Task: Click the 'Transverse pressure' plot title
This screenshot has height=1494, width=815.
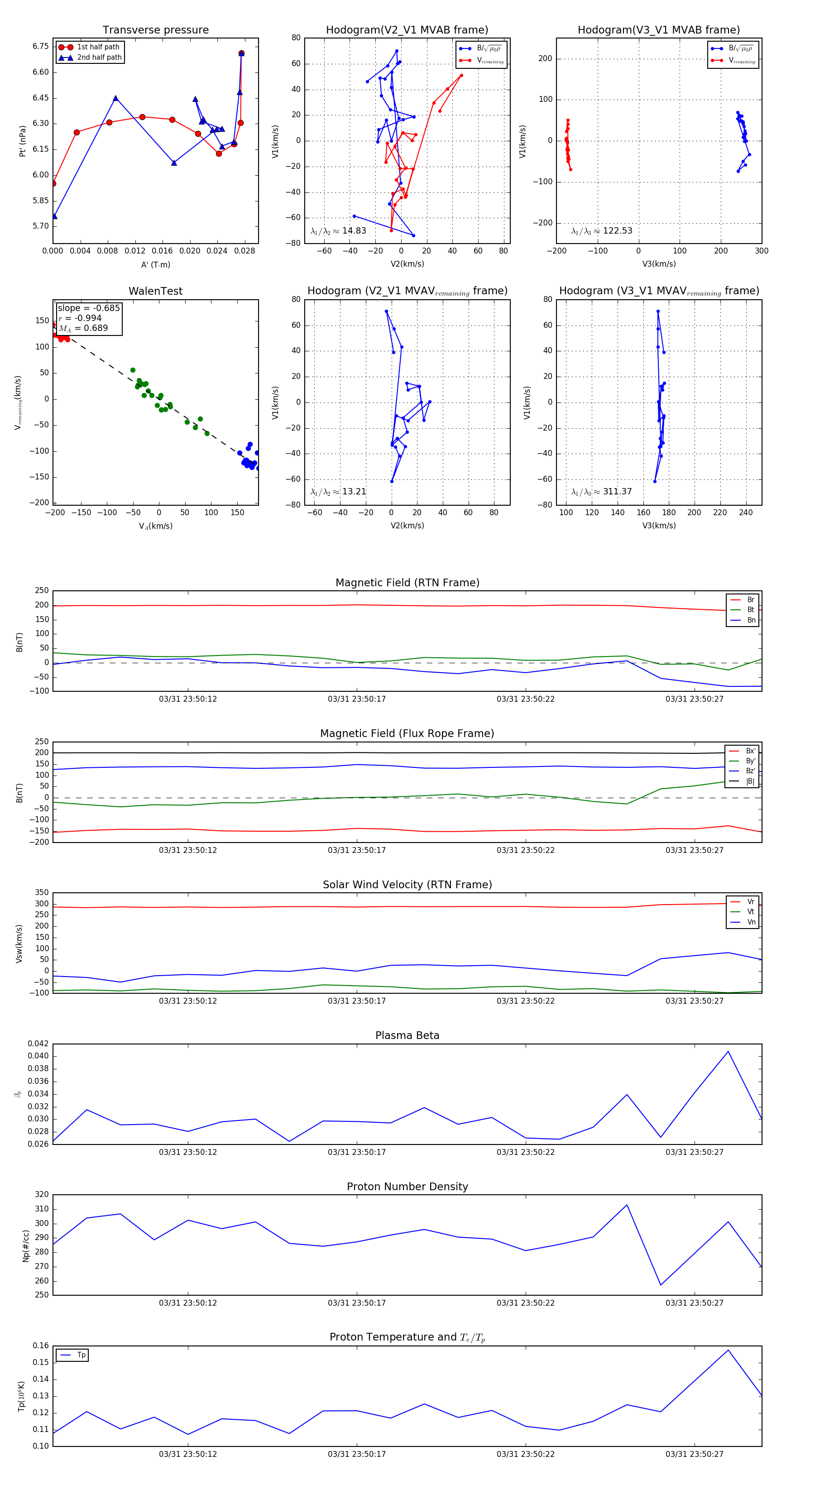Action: tap(155, 30)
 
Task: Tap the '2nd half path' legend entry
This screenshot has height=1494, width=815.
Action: tap(99, 57)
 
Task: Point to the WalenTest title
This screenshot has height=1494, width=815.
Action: tap(155, 291)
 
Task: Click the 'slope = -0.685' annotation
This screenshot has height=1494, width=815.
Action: tap(89, 308)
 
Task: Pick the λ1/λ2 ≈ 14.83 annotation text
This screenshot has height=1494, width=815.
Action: tap(338, 231)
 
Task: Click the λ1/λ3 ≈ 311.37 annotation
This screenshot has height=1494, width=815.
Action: tap(602, 492)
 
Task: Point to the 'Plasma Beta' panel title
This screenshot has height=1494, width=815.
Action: tap(407, 1036)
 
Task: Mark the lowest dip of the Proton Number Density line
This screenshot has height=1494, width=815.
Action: tap(661, 1285)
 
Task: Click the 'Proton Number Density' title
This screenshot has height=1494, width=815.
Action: tap(407, 1187)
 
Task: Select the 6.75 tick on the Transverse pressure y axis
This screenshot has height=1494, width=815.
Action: tap(41, 46)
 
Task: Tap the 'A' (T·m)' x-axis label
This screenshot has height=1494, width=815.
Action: tap(155, 265)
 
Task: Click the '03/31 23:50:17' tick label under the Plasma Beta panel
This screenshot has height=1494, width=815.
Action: tap(356, 1152)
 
